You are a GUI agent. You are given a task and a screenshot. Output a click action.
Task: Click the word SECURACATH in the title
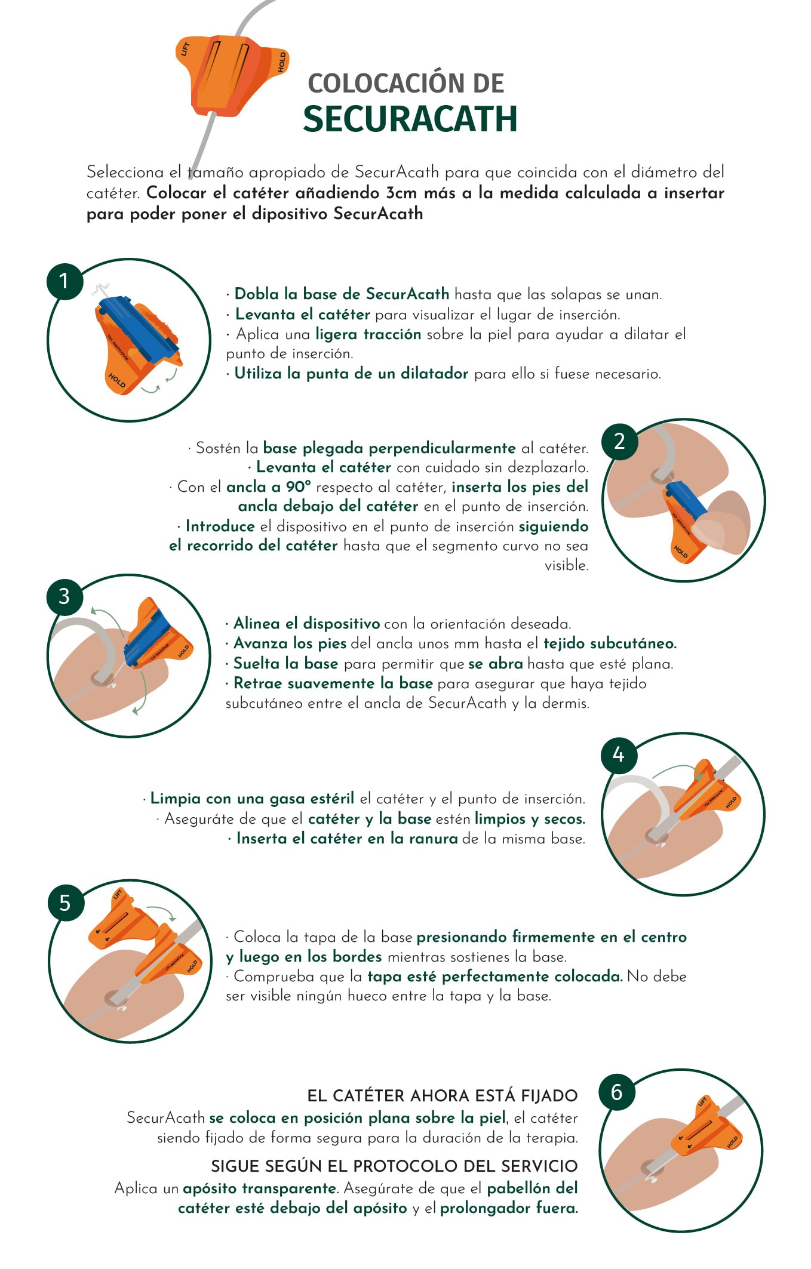point(410,118)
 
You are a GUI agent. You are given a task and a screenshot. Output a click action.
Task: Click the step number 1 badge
point(64,281)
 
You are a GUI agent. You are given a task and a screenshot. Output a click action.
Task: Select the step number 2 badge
point(619,441)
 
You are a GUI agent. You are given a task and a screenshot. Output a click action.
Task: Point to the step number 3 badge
point(64,596)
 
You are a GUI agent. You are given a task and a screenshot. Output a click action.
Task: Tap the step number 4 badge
point(619,755)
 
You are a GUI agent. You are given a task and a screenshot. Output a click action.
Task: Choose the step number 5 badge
point(66,903)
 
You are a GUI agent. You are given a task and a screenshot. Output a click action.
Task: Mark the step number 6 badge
point(617,1092)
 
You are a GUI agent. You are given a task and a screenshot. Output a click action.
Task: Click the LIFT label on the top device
point(186,49)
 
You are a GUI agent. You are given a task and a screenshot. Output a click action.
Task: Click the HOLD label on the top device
point(282,62)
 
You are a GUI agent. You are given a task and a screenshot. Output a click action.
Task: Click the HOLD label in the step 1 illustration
point(117,380)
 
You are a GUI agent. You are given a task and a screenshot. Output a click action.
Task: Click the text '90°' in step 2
point(299,486)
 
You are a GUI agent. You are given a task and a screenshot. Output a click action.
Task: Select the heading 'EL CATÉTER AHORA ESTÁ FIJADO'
point(443,1096)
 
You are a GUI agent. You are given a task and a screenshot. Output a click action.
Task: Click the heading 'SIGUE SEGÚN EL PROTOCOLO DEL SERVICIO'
point(394,1166)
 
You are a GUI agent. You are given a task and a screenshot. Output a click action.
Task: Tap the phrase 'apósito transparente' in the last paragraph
point(260,1188)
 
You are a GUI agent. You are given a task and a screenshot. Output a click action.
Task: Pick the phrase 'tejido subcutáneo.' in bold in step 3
point(610,643)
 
